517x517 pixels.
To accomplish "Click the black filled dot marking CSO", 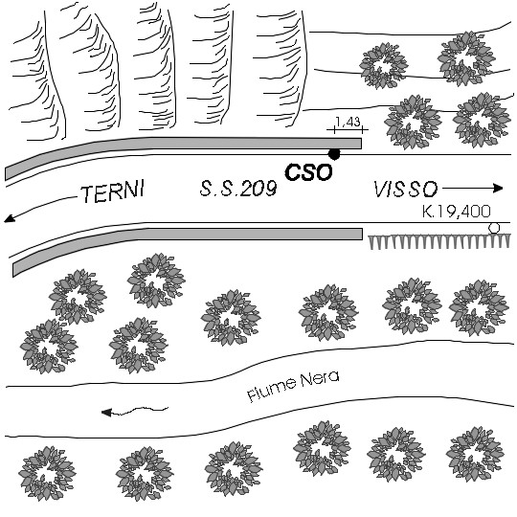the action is (x=334, y=154).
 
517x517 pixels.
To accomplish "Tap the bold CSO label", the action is (x=308, y=172).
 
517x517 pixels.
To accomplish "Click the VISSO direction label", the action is (x=406, y=190).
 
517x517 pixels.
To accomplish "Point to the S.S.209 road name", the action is (x=238, y=189).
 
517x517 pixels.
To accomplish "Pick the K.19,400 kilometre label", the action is (x=457, y=212).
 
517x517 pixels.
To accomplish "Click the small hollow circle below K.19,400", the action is (x=494, y=228).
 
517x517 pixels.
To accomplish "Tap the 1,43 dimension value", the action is (x=348, y=122).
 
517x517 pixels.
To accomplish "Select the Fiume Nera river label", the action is (x=293, y=386).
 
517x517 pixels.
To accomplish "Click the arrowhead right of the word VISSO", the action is (x=498, y=189).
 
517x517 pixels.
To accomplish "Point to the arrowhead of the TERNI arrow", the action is (x=10, y=218).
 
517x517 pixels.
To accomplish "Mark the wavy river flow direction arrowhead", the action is (x=106, y=413).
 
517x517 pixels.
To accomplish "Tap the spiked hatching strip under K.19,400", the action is (x=439, y=241).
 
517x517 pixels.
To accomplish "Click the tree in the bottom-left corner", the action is (x=47, y=474).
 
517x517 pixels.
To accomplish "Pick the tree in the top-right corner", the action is (x=466, y=58).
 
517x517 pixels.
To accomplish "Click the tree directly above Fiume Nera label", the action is (x=328, y=312).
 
